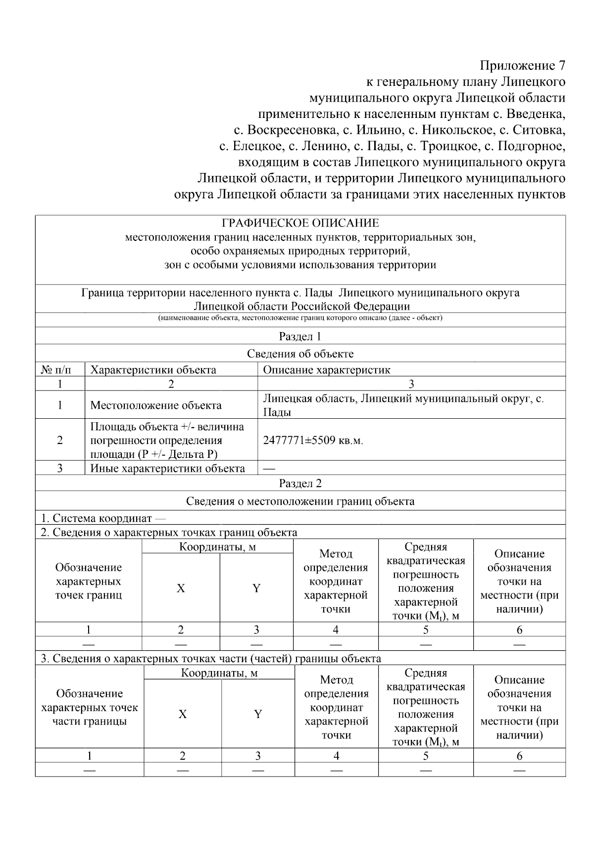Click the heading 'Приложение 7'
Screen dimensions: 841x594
pyautogui.click(x=522, y=65)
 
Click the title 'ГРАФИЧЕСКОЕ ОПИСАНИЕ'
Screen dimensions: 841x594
pyautogui.click(x=300, y=223)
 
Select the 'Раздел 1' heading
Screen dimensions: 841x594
pyautogui.click(x=300, y=336)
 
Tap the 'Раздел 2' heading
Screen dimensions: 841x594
pyautogui.click(x=300, y=483)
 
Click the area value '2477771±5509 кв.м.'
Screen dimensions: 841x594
pyautogui.click(x=313, y=440)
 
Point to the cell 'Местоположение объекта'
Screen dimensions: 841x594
pyautogui.click(x=156, y=405)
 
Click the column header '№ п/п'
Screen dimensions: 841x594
pyautogui.click(x=55, y=370)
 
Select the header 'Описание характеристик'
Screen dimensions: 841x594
pyautogui.click(x=327, y=370)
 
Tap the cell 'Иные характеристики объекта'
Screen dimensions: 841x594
pyautogui.click(x=167, y=468)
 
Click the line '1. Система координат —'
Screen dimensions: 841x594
pyautogui.click(x=103, y=518)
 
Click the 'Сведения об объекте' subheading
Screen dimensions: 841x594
pyautogui.click(x=300, y=354)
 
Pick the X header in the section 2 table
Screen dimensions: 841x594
pyautogui.click(x=181, y=588)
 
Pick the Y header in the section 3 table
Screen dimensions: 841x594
pyautogui.click(x=258, y=714)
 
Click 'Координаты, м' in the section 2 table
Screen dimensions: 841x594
pyautogui.click(x=217, y=547)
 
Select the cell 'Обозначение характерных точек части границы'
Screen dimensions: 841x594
pyautogui.click(x=90, y=707)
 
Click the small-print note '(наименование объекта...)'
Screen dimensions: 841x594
pyautogui.click(x=300, y=318)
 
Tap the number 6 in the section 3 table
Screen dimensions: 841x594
pyautogui.click(x=519, y=756)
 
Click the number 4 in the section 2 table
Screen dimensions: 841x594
pyautogui.click(x=336, y=630)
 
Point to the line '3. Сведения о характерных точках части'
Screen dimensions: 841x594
pyautogui.click(x=211, y=659)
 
